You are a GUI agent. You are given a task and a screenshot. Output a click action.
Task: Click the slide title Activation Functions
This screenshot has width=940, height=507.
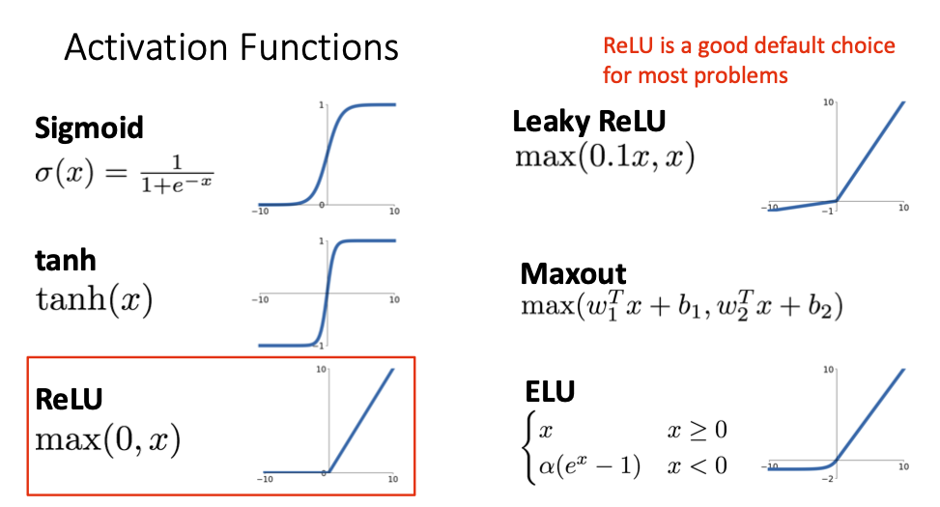[231, 47]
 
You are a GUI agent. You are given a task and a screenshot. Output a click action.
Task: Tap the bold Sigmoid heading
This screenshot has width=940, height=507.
[89, 127]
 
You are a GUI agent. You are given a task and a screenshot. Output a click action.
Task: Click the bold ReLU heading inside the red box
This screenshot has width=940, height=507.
[69, 399]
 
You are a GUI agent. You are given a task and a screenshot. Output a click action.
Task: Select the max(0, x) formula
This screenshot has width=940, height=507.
[107, 439]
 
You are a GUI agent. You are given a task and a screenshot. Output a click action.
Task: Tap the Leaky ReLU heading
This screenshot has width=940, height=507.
[589, 122]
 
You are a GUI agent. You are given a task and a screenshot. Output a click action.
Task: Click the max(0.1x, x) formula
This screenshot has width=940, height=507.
[605, 157]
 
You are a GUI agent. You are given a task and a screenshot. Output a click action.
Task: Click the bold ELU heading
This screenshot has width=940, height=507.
[550, 392]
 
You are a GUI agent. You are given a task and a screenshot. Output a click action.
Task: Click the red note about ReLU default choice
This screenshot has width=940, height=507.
[749, 60]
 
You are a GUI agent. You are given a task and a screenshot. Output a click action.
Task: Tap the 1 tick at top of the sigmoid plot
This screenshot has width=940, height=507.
[321, 103]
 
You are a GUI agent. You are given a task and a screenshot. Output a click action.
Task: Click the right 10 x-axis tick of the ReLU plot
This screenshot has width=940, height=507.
[393, 479]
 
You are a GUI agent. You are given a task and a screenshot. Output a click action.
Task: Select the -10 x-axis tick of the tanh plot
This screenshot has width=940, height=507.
[260, 299]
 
